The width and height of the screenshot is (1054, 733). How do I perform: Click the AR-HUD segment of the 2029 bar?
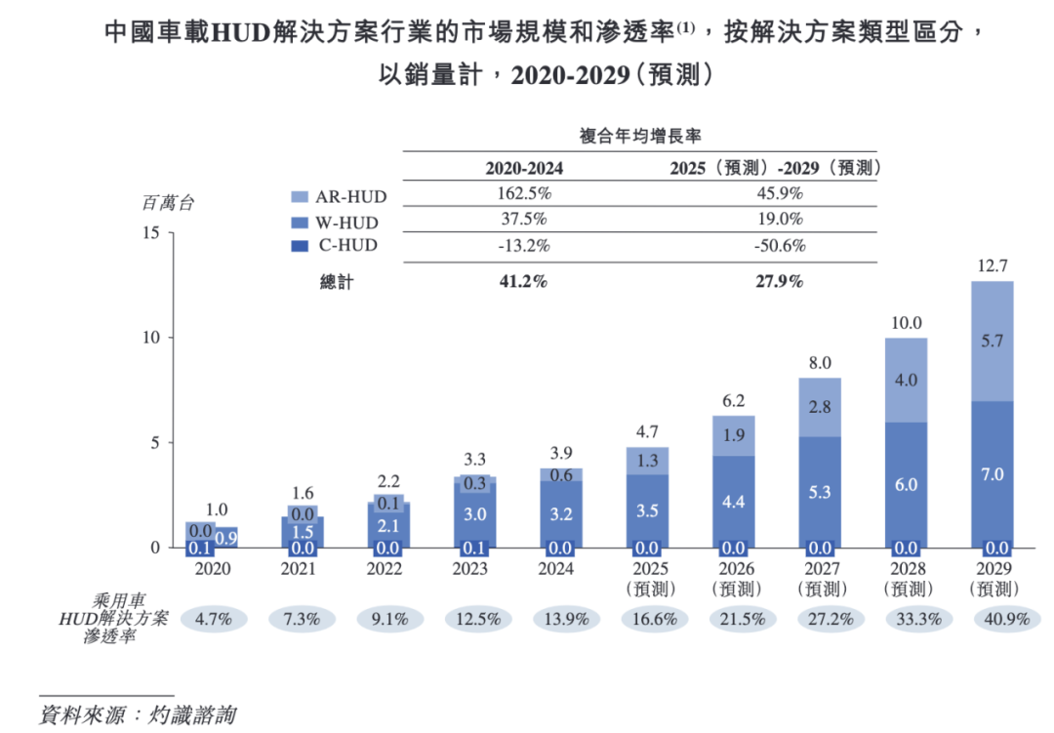coord(993,341)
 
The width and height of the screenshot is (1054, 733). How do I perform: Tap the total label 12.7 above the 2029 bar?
coord(993,265)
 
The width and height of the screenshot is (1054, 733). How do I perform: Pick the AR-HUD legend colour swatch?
coord(300,196)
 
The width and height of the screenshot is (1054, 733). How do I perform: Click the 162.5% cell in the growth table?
coord(524,193)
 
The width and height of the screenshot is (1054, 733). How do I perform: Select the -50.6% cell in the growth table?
coord(778,246)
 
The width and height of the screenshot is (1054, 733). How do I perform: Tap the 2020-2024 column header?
coord(524,167)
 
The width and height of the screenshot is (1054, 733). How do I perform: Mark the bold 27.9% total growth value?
coord(778,282)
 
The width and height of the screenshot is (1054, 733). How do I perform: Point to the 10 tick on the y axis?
coord(151,338)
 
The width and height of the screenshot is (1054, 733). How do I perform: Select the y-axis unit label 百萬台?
coord(168,203)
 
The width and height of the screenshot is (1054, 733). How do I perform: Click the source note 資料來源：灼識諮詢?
coord(138,713)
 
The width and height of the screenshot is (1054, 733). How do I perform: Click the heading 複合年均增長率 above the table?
coord(640,136)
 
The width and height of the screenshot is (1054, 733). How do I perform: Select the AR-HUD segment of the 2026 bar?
coord(734,435)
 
